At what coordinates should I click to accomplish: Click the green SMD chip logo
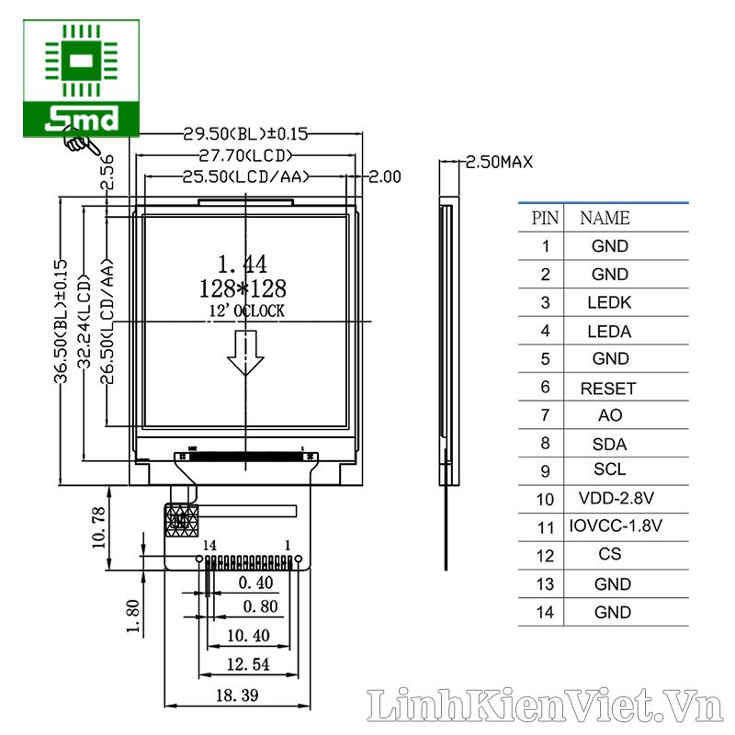coord(81,79)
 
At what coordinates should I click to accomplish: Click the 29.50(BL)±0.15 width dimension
coord(245,134)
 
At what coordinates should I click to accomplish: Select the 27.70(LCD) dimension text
coord(245,155)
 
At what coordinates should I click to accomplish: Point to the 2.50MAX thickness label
coord(499,163)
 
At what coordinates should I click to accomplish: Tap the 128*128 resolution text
coord(243,288)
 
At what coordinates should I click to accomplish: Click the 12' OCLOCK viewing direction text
coord(246,311)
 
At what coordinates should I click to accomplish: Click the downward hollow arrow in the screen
coord(245,353)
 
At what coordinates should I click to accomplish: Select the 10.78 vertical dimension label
coord(99,527)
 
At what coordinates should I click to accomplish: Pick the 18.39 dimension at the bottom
coord(237,695)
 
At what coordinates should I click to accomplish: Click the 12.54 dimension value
coord(248,664)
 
